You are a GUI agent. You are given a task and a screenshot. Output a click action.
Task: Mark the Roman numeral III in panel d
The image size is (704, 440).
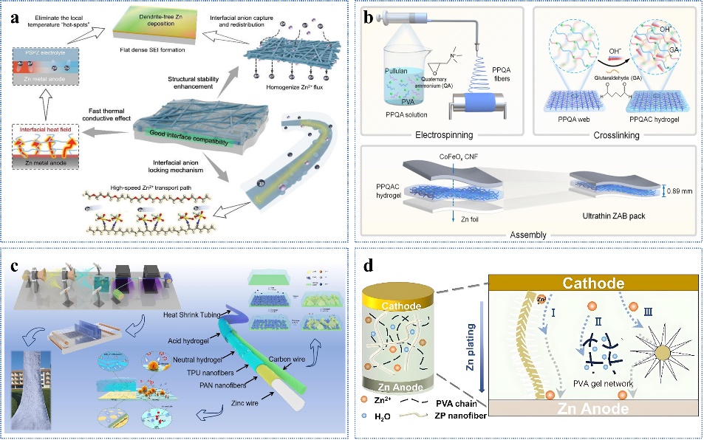click(x=647, y=314)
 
